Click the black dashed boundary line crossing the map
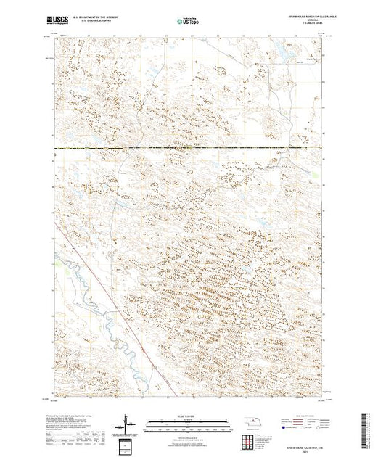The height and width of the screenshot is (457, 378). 189,148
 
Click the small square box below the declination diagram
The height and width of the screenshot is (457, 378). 127,443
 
